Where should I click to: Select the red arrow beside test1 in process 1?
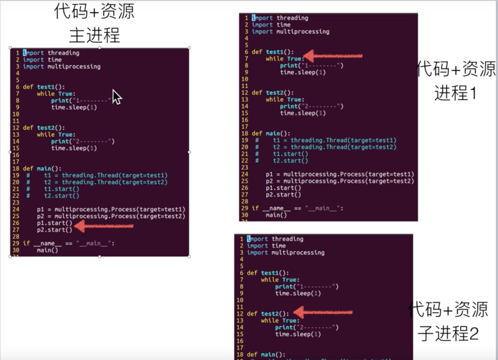click(333, 56)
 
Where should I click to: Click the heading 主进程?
click(94, 35)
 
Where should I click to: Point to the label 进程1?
click(455, 93)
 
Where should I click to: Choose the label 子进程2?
click(448, 333)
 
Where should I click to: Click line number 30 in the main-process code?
click(16, 250)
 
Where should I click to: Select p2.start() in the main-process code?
click(54, 230)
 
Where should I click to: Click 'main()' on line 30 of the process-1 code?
click(276, 215)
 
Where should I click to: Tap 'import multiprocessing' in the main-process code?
click(62, 67)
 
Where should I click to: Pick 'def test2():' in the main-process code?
click(44, 128)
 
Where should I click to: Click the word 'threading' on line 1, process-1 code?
click(292, 18)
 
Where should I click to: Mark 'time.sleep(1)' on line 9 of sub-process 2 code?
click(298, 293)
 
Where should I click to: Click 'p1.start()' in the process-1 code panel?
click(283, 188)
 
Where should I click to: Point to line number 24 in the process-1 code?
click(245, 174)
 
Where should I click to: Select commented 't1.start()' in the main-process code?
click(61, 189)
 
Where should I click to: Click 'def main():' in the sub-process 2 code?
click(266, 354)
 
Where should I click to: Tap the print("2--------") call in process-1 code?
click(311, 106)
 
